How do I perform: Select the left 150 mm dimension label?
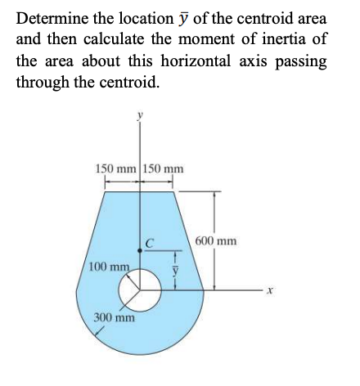point(117,169)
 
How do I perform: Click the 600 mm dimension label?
point(217,241)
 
